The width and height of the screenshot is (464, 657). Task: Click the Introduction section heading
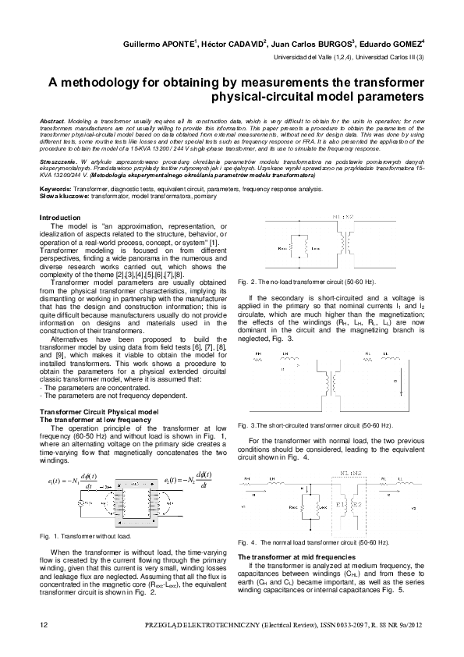point(59,216)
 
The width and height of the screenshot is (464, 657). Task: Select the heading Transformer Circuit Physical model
point(99,410)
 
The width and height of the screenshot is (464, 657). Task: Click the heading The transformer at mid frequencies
point(293,556)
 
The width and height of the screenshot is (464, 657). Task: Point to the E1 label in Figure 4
point(342,505)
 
